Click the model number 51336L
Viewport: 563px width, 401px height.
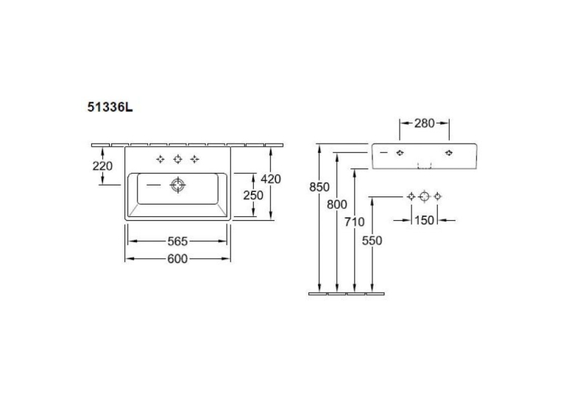[110, 107]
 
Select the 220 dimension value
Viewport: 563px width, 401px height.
[102, 166]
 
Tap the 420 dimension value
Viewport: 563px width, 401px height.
[271, 179]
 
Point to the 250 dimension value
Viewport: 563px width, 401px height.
[253, 195]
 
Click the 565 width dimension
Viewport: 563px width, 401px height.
[177, 241]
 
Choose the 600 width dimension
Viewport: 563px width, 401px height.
[177, 258]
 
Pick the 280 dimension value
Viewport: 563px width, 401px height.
[425, 123]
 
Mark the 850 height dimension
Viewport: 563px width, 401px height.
[319, 187]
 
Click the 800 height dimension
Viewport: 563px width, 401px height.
[337, 205]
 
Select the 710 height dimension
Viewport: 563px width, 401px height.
[355, 222]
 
